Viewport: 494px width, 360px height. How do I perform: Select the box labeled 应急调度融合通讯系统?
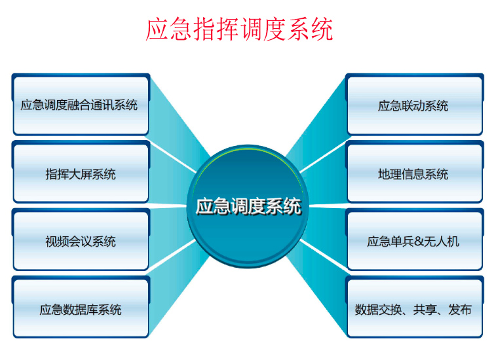point(80,105)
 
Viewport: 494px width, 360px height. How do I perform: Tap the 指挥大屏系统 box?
point(80,174)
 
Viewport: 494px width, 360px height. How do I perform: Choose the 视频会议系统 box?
point(80,242)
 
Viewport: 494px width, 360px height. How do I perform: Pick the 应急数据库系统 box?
point(80,310)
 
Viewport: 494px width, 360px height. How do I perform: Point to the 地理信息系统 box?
point(413,174)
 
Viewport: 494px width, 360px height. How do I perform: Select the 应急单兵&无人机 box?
point(413,242)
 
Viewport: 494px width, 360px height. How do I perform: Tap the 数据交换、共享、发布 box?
point(413,310)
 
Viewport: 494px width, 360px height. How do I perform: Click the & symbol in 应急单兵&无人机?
point(419,242)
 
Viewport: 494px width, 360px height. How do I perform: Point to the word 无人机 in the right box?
point(442,242)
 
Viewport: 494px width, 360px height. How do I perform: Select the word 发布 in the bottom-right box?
point(459,310)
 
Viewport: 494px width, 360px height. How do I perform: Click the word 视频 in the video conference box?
point(57,242)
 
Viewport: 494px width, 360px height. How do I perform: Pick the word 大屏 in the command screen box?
point(80,174)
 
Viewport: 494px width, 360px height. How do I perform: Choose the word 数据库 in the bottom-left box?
point(80,310)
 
